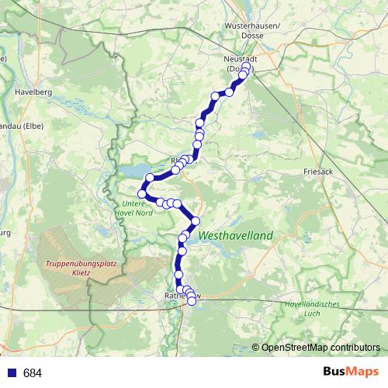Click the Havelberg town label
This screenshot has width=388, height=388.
[x=33, y=92]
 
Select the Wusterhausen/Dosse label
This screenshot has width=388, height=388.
[x=244, y=29]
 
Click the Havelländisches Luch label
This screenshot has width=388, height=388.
[x=313, y=308]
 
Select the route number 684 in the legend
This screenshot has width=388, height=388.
[x=32, y=373]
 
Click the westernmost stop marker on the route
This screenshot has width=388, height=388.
[x=142, y=193]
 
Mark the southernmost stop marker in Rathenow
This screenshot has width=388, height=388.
[x=192, y=301]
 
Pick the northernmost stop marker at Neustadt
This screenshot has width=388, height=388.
[x=246, y=66]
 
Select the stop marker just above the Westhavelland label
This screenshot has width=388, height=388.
[x=196, y=220]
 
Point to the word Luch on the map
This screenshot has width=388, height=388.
[x=313, y=313]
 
